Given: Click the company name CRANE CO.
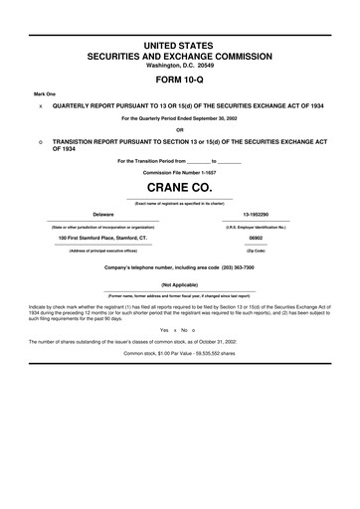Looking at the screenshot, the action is click(x=180, y=186).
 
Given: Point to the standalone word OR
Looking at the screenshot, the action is click(x=180, y=130).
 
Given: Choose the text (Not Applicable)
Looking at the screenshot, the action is click(x=180, y=284).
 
